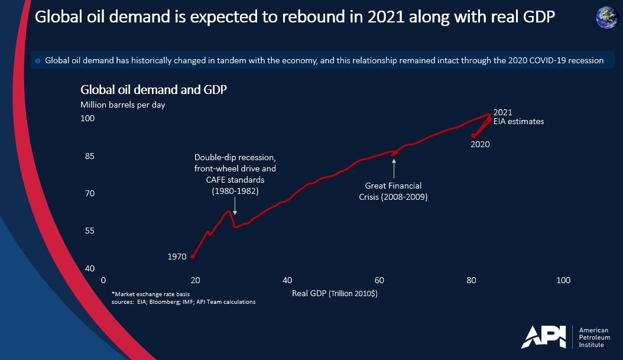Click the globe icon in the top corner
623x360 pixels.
607,17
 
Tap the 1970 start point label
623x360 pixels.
177,257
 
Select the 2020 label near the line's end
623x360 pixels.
480,144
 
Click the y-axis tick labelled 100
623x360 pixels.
87,119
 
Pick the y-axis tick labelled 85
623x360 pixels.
87,157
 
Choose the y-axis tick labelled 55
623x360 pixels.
87,231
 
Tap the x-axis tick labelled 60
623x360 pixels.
379,280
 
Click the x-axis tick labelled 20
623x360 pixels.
195,280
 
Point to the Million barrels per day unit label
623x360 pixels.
123,105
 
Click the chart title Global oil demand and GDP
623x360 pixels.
154,90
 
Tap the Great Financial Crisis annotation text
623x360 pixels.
393,192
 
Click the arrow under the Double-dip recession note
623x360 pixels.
235,206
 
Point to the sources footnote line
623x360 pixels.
183,302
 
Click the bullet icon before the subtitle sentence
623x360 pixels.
38,60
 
